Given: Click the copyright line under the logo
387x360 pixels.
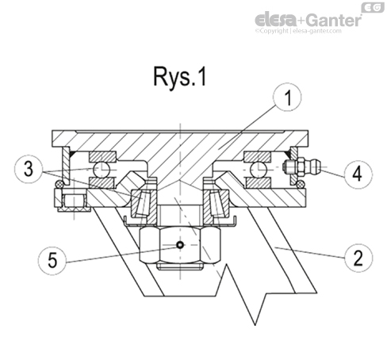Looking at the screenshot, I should click(310, 33).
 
